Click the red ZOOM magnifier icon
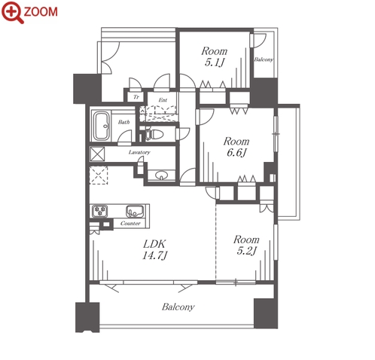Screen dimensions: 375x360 pyautogui.click(x=12, y=12)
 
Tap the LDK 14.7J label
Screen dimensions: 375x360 pyautogui.click(x=154, y=249)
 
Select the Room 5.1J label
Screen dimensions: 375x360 pyautogui.click(x=214, y=56)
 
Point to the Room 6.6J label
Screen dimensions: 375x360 pyautogui.click(x=236, y=147)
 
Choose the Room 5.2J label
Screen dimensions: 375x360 pyautogui.click(x=246, y=245)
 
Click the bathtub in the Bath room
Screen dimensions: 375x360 pyautogui.click(x=101, y=126)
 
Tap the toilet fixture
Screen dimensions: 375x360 pyautogui.click(x=154, y=134)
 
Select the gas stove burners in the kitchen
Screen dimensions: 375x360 pyautogui.click(x=100, y=211)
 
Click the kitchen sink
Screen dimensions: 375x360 pyautogui.click(x=135, y=211)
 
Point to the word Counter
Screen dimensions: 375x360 pyautogui.click(x=130, y=223)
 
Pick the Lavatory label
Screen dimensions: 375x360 pyautogui.click(x=139, y=152)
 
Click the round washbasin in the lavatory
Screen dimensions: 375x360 pyautogui.click(x=161, y=175)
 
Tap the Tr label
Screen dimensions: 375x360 pyautogui.click(x=136, y=96)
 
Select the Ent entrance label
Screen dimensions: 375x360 pyautogui.click(x=163, y=100)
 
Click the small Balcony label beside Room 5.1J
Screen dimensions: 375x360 pyautogui.click(x=264, y=59)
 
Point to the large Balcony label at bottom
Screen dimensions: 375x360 pyautogui.click(x=178, y=307)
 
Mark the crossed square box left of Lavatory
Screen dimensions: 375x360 pyautogui.click(x=97, y=154)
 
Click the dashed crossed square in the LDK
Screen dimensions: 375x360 pyautogui.click(x=99, y=175)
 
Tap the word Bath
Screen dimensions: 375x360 pyautogui.click(x=123, y=122)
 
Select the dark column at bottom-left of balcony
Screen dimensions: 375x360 pyautogui.click(x=87, y=317)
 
